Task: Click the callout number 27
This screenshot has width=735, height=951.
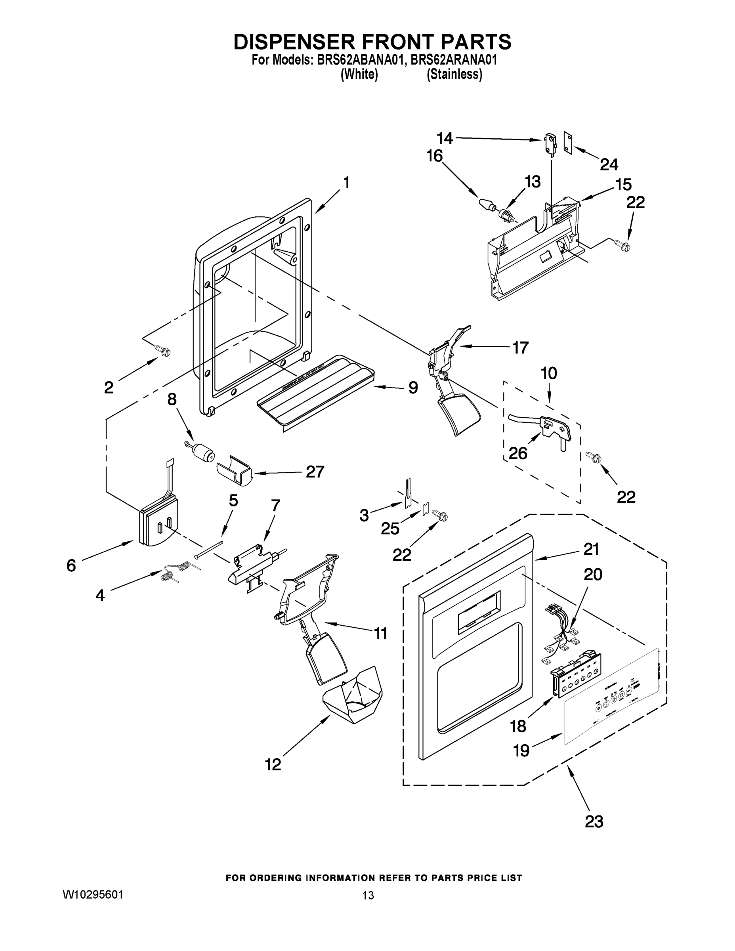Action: pos(315,472)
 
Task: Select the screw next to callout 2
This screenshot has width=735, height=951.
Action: pos(164,351)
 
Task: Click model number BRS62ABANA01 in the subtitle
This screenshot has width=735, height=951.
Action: pos(361,60)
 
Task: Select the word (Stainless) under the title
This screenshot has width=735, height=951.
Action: pos(454,74)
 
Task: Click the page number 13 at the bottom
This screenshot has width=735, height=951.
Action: pos(368,895)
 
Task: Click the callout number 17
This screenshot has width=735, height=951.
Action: pos(520,348)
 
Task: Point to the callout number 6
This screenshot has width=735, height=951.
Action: pos(71,565)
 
